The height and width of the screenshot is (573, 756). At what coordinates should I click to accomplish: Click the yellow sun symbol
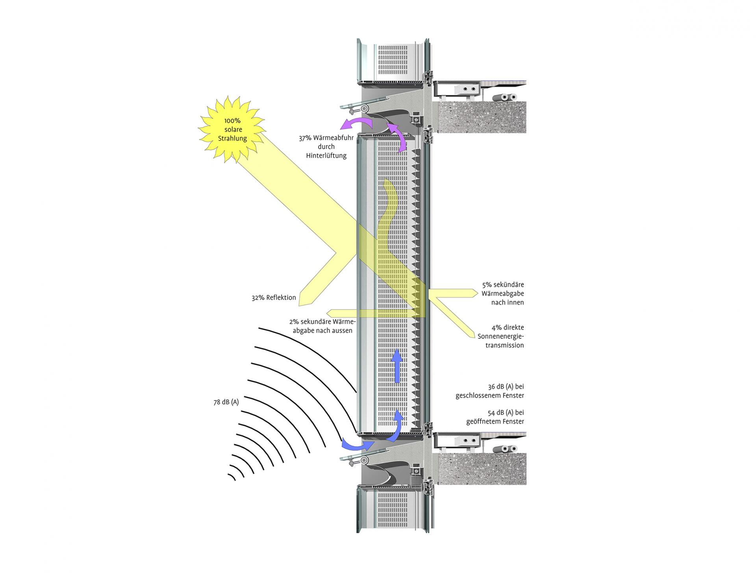coord(232,129)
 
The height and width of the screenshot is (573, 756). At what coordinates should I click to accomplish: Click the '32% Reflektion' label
coord(274,298)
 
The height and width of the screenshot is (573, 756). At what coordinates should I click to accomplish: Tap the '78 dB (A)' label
coord(226,402)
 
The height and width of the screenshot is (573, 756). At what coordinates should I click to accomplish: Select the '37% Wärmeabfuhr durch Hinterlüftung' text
coord(326,147)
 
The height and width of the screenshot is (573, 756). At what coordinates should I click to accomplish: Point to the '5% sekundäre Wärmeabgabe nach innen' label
coord(503,294)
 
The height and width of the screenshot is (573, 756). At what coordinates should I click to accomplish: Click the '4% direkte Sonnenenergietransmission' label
coord(501,336)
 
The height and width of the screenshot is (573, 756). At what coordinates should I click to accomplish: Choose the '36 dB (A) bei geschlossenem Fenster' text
coord(490,391)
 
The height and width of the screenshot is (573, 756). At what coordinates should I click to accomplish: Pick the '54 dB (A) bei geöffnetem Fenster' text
coord(495,417)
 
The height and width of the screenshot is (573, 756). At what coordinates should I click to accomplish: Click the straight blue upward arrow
coord(397,366)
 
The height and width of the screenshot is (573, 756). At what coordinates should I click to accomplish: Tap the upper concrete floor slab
coord(482,117)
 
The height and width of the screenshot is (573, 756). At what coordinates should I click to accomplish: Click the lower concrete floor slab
coord(482,469)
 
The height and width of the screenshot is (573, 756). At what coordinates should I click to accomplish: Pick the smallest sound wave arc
coord(232,477)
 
